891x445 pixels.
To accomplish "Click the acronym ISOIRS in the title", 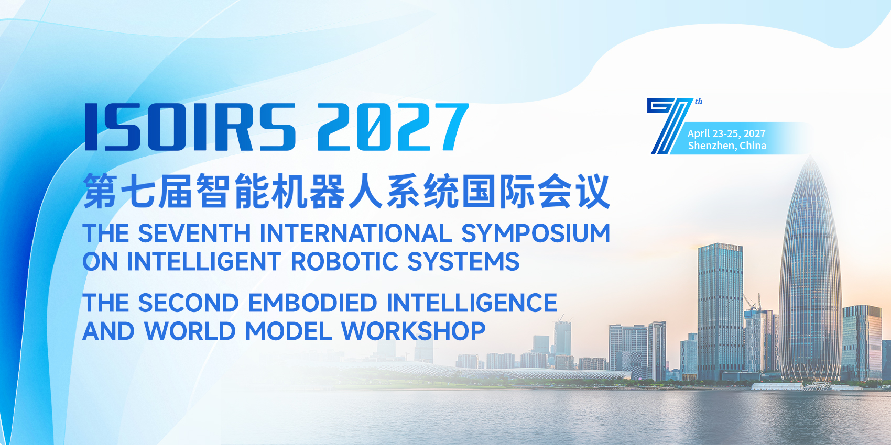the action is click(190, 127).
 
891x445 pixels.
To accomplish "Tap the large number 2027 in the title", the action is click(393, 127).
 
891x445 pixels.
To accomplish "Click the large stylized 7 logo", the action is click(671, 126).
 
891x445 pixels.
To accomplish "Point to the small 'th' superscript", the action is click(699, 102).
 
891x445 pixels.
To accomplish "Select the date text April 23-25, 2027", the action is click(726, 133).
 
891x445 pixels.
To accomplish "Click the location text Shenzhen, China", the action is click(727, 146).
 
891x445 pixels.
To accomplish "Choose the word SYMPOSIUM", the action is click(536, 233).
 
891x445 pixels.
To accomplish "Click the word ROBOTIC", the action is click(344, 261).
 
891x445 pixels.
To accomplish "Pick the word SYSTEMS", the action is click(463, 261).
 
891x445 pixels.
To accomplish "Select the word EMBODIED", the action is click(312, 303).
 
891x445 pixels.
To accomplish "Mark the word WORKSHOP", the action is click(414, 331).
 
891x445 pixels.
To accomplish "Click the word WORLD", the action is click(190, 331).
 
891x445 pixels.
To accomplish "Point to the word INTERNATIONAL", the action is click(355, 233).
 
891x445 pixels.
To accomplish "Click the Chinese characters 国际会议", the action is click(536, 192).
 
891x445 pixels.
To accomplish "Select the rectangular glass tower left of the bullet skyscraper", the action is click(720, 312).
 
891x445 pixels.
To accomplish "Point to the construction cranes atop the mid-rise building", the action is click(753, 302).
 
